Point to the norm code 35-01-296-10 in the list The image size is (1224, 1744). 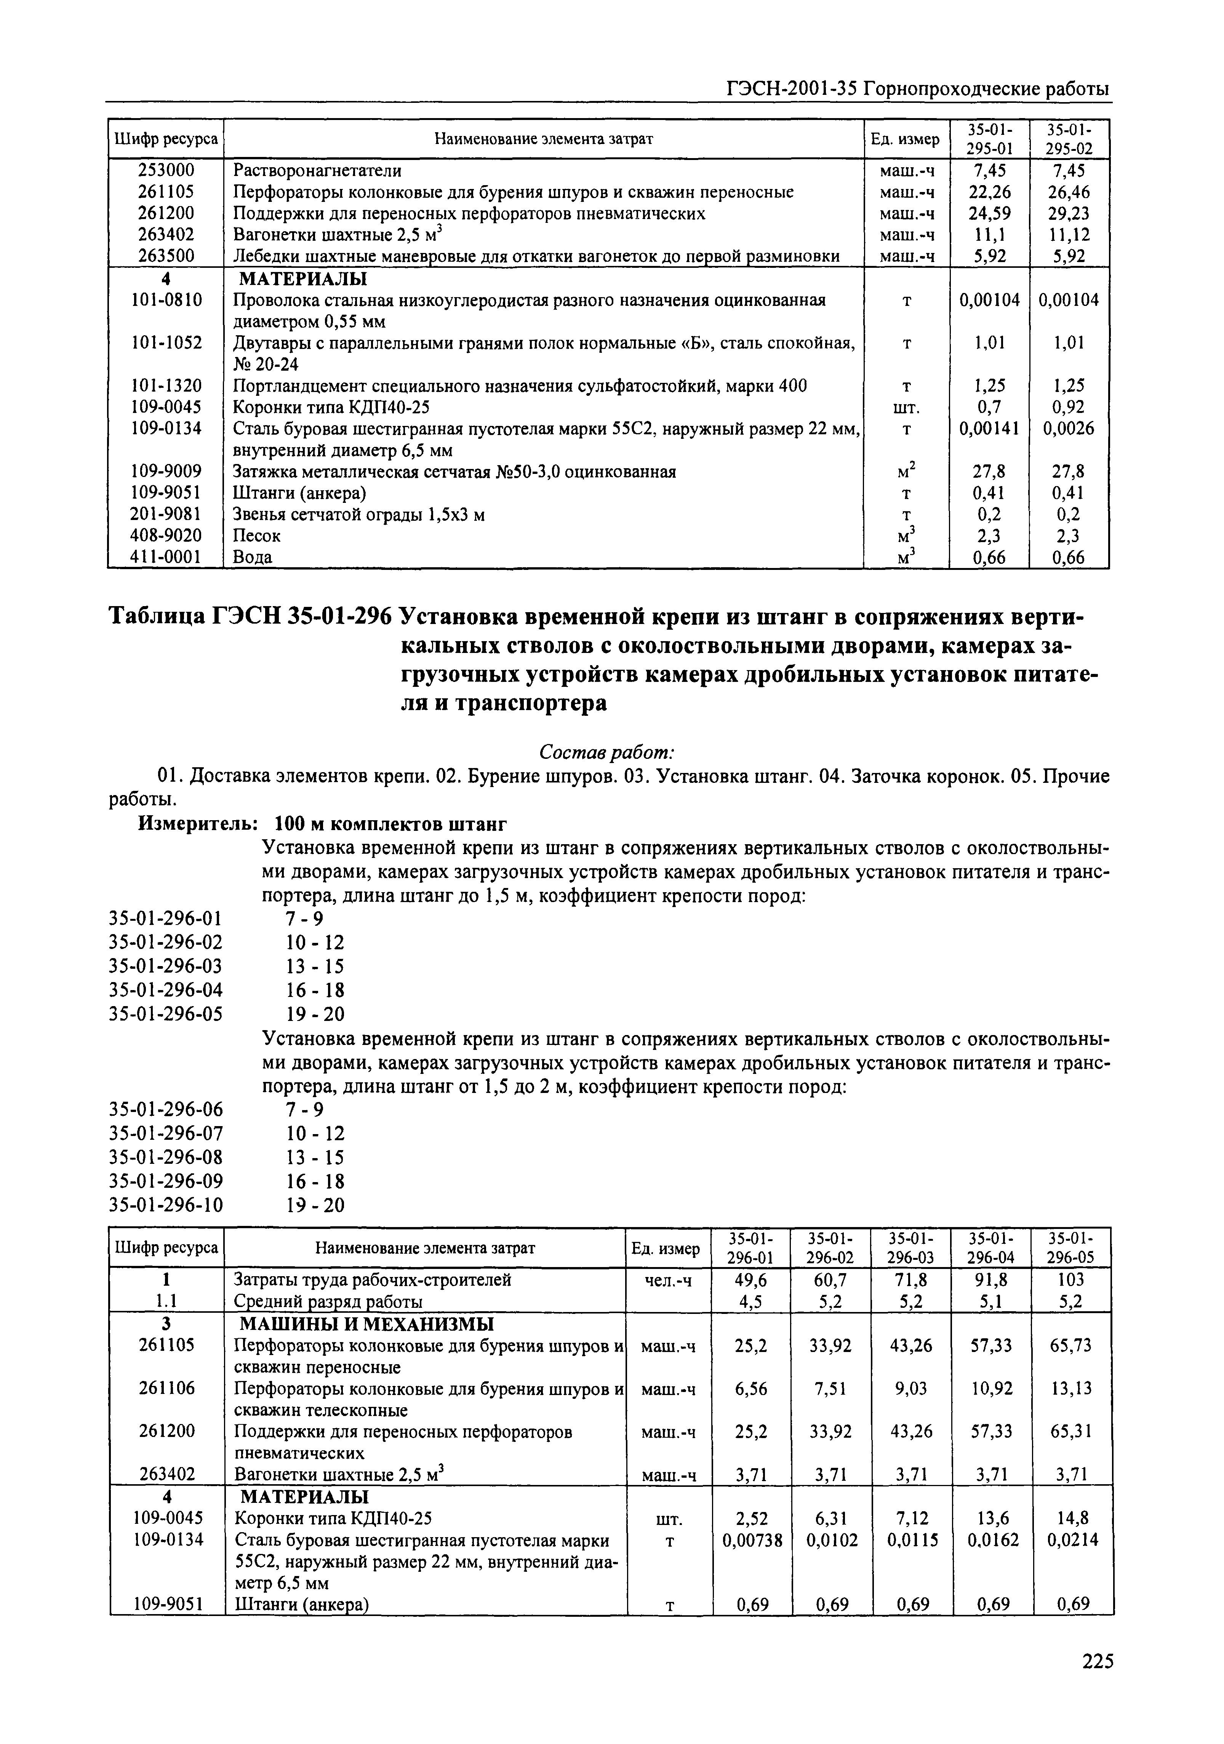[x=166, y=1205]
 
